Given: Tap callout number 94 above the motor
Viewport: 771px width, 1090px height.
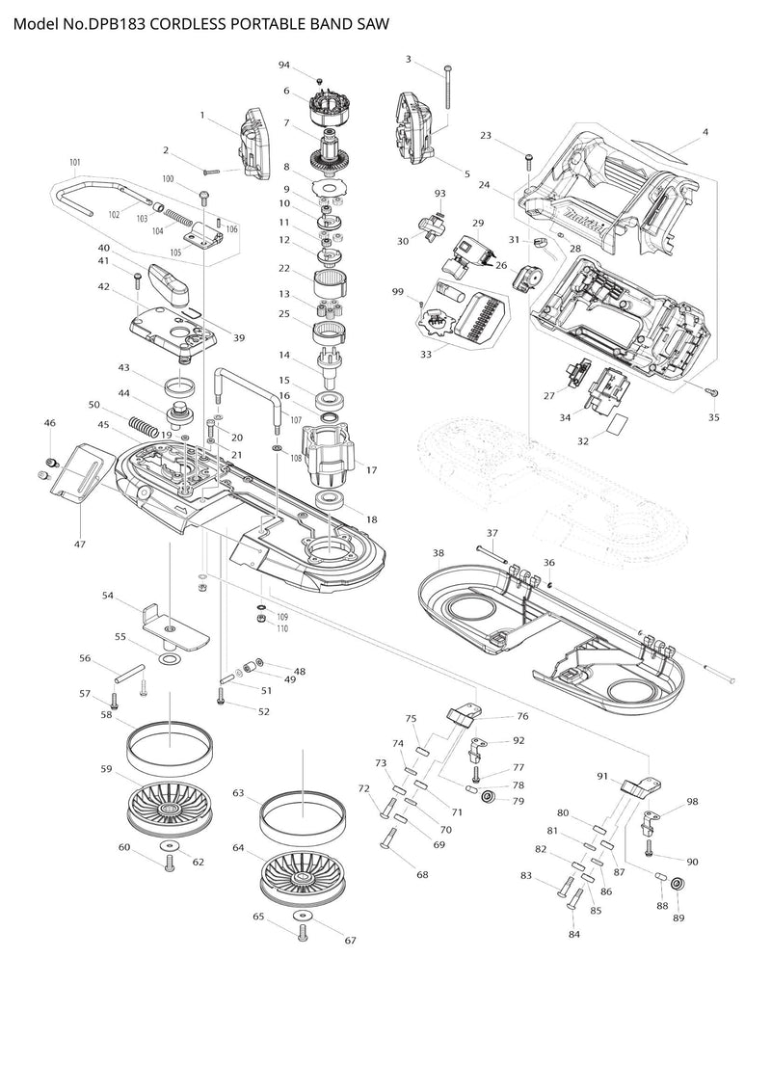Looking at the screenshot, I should tap(284, 65).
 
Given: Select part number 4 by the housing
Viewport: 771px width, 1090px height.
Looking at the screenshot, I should tap(705, 131).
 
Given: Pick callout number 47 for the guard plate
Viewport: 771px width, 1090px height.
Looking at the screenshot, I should tap(80, 545).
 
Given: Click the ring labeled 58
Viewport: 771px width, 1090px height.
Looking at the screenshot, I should tap(170, 743).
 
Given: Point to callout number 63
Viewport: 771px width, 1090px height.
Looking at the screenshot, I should tap(237, 793).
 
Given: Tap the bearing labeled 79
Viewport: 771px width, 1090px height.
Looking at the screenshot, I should tap(489, 796).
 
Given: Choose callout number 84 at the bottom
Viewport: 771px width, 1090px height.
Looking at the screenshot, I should tap(574, 934).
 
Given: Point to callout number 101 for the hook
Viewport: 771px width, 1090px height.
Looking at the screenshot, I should tap(73, 162).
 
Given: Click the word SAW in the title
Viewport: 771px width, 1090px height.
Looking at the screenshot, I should tap(370, 23).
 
